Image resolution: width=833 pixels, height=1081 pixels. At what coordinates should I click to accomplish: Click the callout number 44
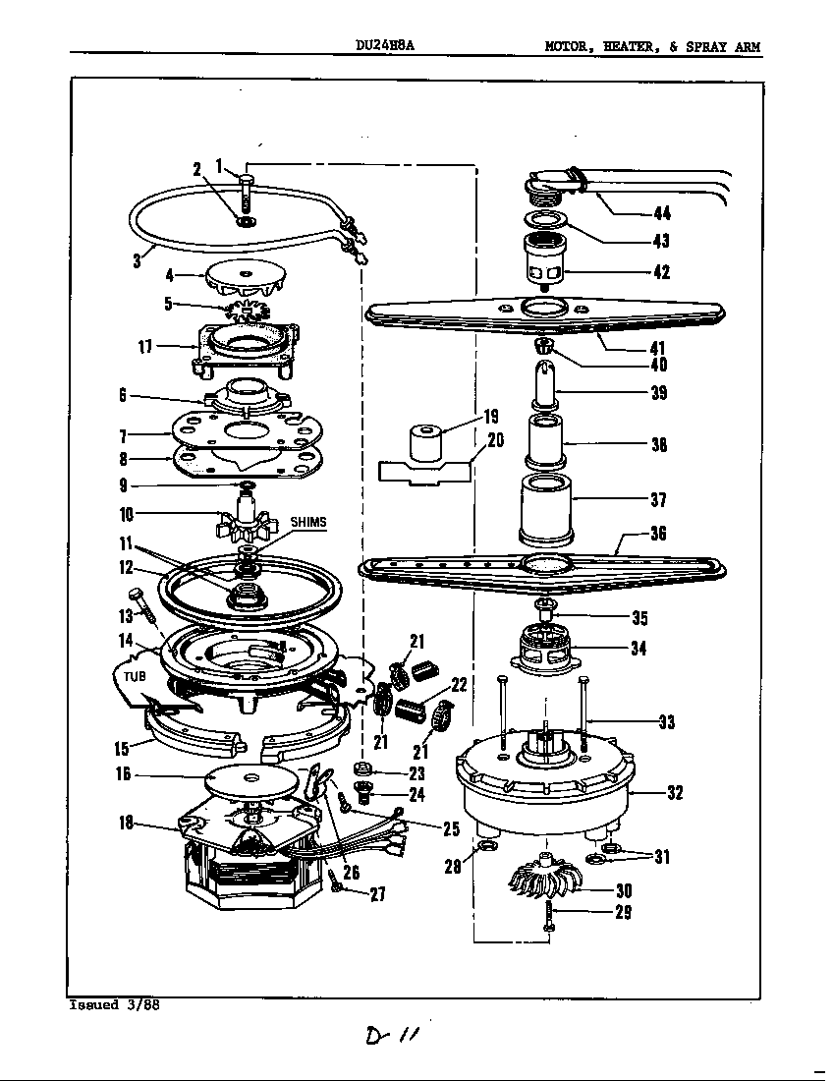pyautogui.click(x=662, y=214)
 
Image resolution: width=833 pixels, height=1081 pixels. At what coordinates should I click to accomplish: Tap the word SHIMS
pyautogui.click(x=307, y=522)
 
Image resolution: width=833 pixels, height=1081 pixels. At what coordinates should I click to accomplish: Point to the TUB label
pyautogui.click(x=136, y=677)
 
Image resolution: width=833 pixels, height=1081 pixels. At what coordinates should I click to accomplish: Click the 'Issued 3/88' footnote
pyautogui.click(x=113, y=1005)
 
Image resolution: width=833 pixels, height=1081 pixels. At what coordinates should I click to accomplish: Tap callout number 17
pyautogui.click(x=146, y=346)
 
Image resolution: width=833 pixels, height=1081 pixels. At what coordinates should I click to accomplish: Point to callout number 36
pyautogui.click(x=658, y=535)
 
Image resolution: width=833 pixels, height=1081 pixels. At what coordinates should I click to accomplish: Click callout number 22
pyautogui.click(x=459, y=685)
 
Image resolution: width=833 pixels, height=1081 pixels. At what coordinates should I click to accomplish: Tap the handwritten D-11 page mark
pyautogui.click(x=390, y=1038)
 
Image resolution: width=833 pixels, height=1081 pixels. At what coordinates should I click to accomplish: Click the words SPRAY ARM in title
pyautogui.click(x=723, y=46)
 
